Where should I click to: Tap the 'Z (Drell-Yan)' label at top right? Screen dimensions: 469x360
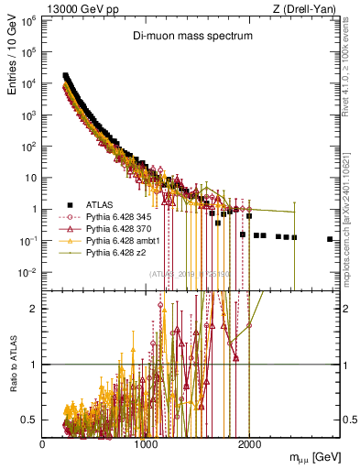pos(309,8)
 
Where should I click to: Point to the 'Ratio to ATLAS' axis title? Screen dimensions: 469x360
pos(15,364)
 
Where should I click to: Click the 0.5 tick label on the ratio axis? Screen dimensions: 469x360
pos(29,420)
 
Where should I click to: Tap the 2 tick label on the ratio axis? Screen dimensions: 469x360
pos(35,308)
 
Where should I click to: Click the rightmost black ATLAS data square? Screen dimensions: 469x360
pos(330,239)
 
